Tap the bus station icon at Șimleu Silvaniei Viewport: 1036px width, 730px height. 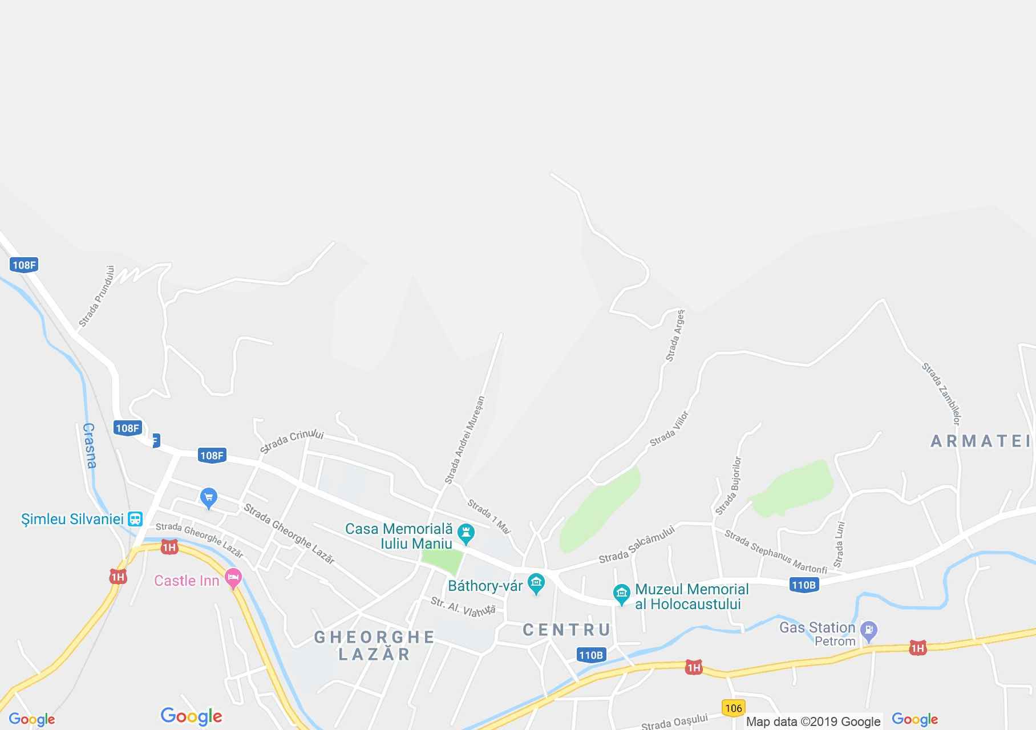pos(135,519)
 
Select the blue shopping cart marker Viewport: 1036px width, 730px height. pos(208,497)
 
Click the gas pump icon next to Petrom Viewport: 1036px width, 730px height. pos(868,631)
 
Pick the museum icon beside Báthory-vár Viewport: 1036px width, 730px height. pos(536,583)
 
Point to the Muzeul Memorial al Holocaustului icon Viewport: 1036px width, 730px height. pos(621,594)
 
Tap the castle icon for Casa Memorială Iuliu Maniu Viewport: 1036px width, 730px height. pos(467,533)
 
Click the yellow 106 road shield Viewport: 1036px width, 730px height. pos(733,708)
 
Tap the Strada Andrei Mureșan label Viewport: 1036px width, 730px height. pos(464,440)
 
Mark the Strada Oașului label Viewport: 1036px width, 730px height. pos(674,722)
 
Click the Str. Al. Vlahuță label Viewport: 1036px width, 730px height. pos(463,606)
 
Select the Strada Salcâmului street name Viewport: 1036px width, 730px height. pos(637,545)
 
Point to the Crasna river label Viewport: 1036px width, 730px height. pos(90,445)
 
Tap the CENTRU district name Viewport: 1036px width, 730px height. pos(566,630)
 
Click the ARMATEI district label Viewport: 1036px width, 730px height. pos(980,441)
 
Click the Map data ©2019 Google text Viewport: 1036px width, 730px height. pos(813,722)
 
